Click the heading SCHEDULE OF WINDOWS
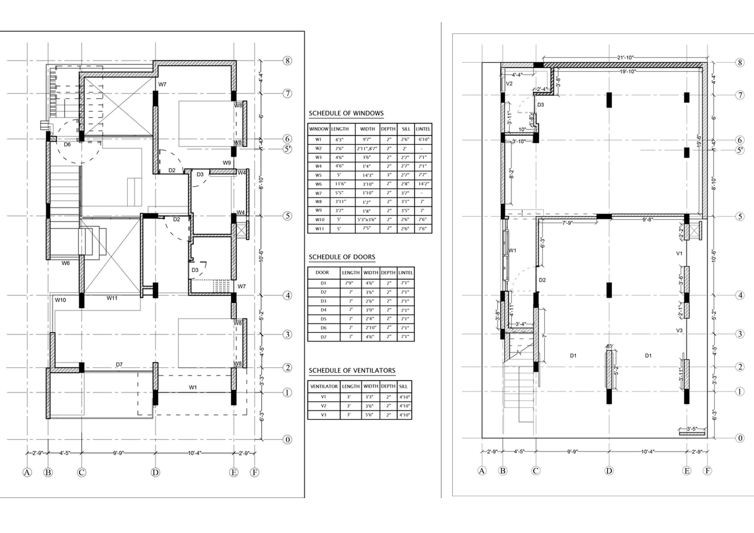click(x=346, y=113)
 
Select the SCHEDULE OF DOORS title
click(x=342, y=257)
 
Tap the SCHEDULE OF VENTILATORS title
click(x=352, y=370)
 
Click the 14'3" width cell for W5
click(x=367, y=175)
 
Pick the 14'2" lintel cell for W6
click(x=423, y=184)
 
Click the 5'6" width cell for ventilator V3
click(x=370, y=415)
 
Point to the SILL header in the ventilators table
click(x=403, y=387)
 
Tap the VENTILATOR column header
click(x=324, y=387)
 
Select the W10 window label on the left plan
click(x=60, y=300)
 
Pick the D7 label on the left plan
click(x=119, y=365)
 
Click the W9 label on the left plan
click(x=227, y=163)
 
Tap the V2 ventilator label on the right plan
click(x=509, y=84)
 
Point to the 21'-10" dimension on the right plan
click(x=625, y=58)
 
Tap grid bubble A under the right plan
click(x=482, y=471)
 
